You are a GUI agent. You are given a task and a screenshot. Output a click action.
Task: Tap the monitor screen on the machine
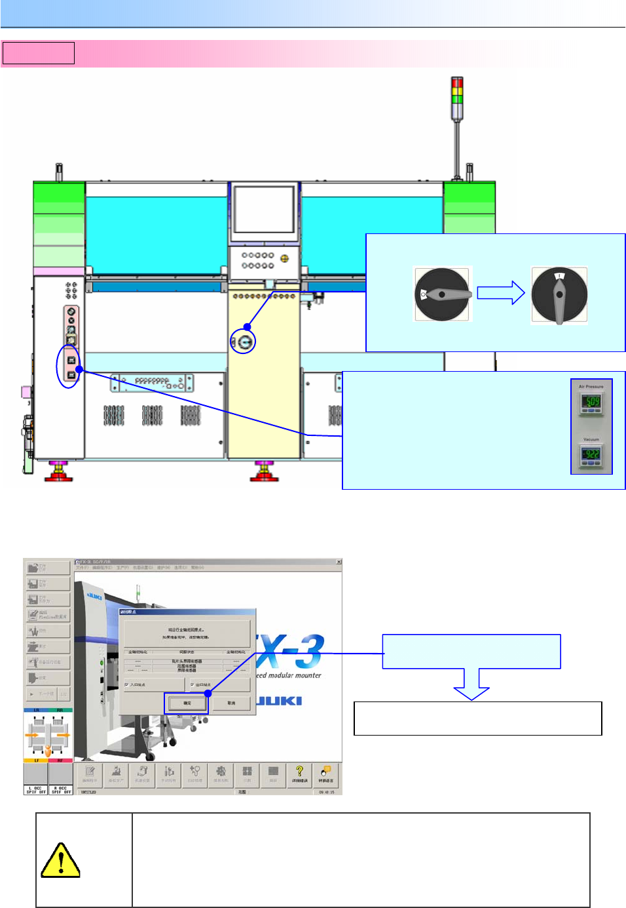(264, 208)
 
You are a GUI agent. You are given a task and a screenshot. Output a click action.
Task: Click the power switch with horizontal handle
(442, 294)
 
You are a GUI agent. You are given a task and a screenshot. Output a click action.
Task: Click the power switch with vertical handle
(559, 295)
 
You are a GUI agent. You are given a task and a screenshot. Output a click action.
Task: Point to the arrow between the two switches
(500, 293)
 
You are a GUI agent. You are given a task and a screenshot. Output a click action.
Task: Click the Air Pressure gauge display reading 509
(591, 401)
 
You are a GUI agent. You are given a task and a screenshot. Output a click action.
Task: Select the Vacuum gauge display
(591, 454)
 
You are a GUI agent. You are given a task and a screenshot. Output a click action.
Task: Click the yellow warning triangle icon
(60, 860)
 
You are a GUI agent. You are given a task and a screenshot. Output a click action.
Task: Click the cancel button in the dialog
(231, 703)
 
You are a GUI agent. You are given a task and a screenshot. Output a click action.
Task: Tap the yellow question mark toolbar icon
(299, 773)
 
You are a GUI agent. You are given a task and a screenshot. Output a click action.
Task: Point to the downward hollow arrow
(471, 684)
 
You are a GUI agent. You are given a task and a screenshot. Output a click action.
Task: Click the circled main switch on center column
(244, 342)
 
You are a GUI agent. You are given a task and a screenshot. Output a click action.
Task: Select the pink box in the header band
(39, 53)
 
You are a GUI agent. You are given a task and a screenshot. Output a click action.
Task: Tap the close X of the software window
(339, 562)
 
